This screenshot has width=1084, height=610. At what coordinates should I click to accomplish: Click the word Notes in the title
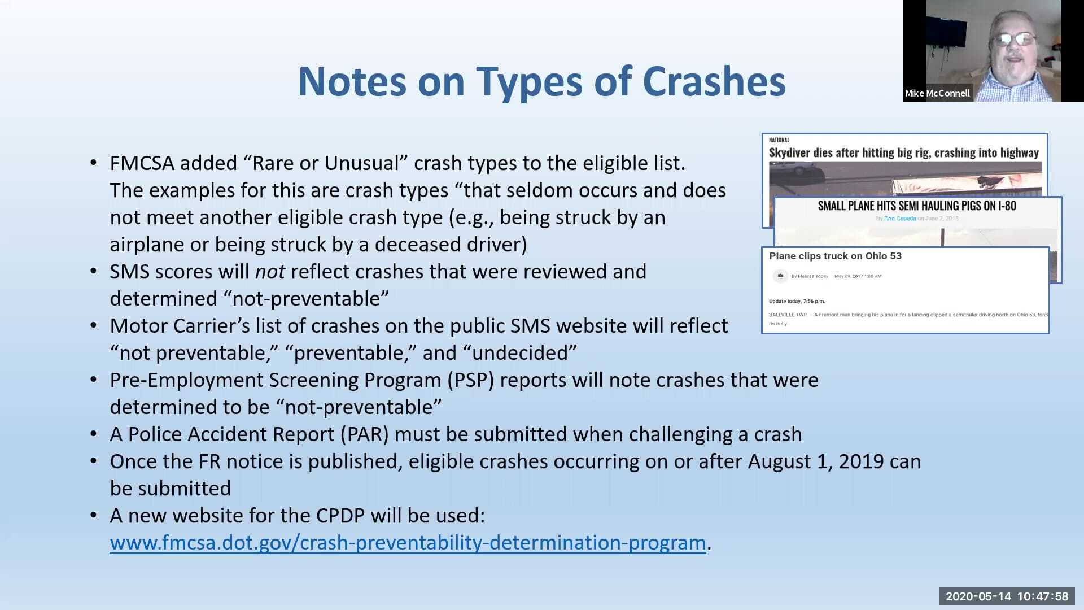(352, 81)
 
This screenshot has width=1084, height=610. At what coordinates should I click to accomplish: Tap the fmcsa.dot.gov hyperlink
(408, 543)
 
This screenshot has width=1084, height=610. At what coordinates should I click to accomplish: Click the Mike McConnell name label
(937, 93)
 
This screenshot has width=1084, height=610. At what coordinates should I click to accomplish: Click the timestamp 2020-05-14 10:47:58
(1007, 596)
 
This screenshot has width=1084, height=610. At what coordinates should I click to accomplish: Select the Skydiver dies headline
(903, 152)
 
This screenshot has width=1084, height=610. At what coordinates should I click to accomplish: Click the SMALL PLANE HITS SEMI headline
(917, 206)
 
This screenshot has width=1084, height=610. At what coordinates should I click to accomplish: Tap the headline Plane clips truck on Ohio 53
(835, 256)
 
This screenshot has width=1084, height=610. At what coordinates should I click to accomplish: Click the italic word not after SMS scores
(270, 272)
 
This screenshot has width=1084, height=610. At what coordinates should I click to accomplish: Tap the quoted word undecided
(519, 353)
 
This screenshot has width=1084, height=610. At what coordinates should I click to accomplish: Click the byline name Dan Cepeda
(900, 219)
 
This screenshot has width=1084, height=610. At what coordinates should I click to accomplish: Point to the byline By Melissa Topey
(810, 276)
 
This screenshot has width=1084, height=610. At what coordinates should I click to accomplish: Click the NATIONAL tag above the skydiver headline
(779, 140)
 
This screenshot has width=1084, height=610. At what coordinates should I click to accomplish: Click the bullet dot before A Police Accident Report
(94, 434)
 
